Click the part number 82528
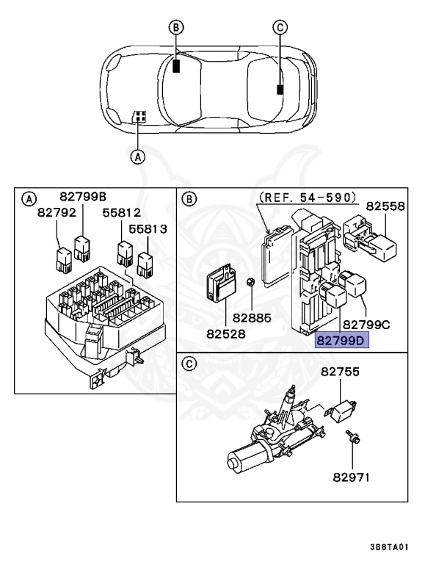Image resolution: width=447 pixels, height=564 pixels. (x=226, y=333)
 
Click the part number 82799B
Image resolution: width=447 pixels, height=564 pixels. (x=84, y=196)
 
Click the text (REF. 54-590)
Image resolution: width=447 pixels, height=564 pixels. (x=308, y=197)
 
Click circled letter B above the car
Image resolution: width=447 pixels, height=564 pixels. (x=175, y=28)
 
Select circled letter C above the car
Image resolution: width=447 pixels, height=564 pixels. (x=279, y=28)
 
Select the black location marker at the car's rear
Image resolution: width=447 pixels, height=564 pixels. (x=280, y=90)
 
